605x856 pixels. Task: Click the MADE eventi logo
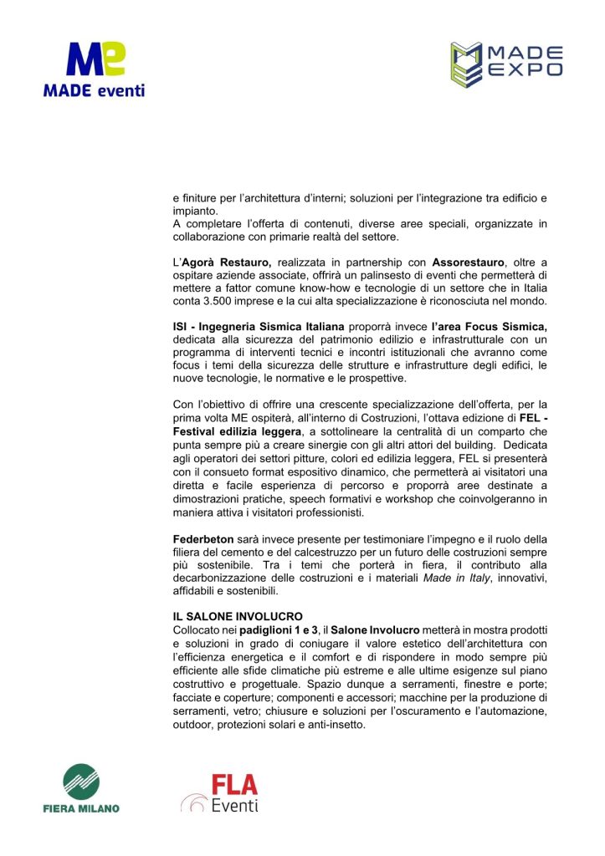pyautogui.click(x=93, y=71)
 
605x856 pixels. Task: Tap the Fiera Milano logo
pyautogui.click(x=81, y=791)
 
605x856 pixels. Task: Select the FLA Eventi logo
pyautogui.click(x=220, y=793)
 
